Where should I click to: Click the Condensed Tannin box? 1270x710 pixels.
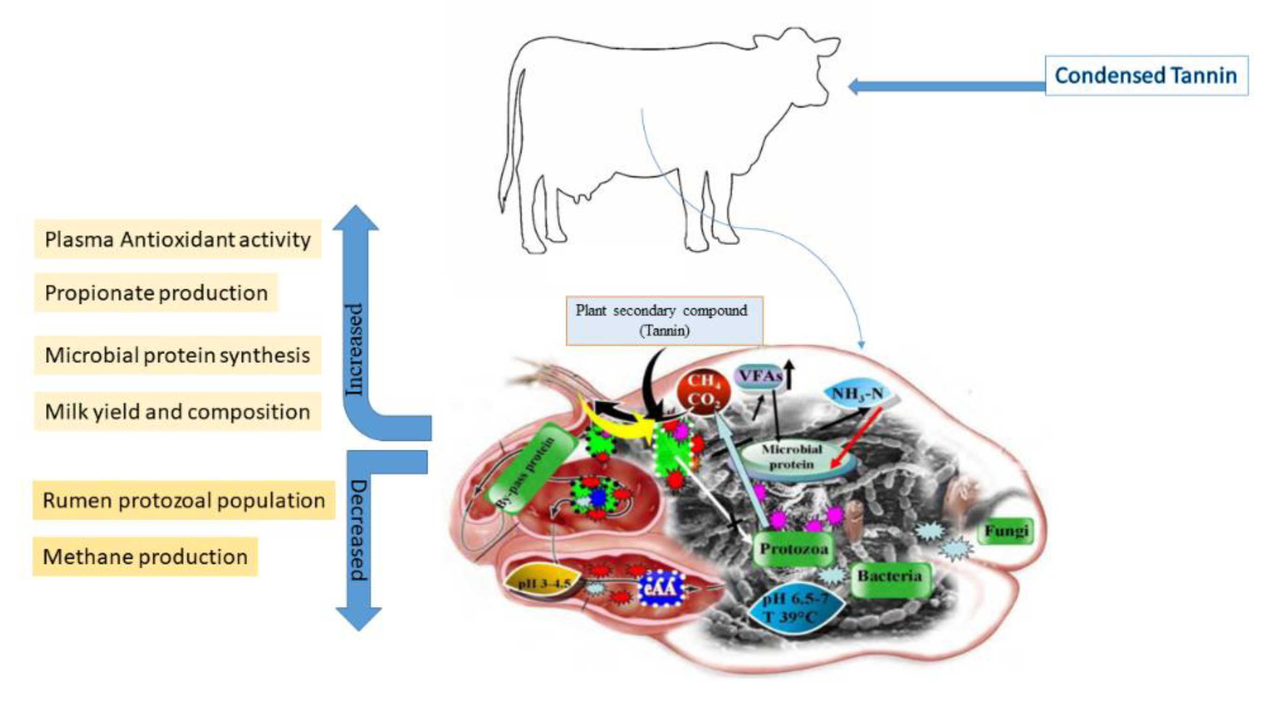point(1146,75)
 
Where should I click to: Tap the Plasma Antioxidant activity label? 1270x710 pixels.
point(177,240)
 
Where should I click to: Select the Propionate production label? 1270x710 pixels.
point(156,293)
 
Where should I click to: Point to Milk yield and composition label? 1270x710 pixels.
point(177,412)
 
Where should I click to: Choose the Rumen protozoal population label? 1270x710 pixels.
point(183,500)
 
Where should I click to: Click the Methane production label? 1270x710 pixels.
point(145,557)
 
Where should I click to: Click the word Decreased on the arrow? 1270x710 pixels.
point(358,530)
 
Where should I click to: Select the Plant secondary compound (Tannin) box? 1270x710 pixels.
point(663,321)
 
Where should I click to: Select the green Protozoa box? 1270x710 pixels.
point(793,549)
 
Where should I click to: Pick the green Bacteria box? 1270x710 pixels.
point(890,576)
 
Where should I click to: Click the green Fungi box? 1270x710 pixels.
point(1006,532)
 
